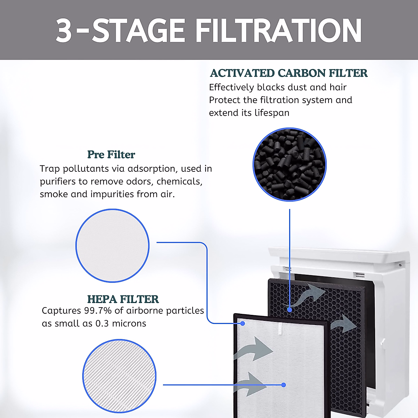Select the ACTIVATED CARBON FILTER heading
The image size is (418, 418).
[288, 73]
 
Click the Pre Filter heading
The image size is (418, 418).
[111, 154]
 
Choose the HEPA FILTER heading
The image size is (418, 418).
[123, 299]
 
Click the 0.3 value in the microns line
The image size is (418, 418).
[102, 324]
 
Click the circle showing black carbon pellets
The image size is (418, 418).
[289, 164]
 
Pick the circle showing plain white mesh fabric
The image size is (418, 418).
[113, 246]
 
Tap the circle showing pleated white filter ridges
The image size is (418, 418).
[119, 376]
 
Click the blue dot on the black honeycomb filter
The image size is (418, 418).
[289, 309]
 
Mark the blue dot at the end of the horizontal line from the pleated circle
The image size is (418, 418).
[284, 385]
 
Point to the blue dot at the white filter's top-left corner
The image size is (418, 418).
[243, 323]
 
